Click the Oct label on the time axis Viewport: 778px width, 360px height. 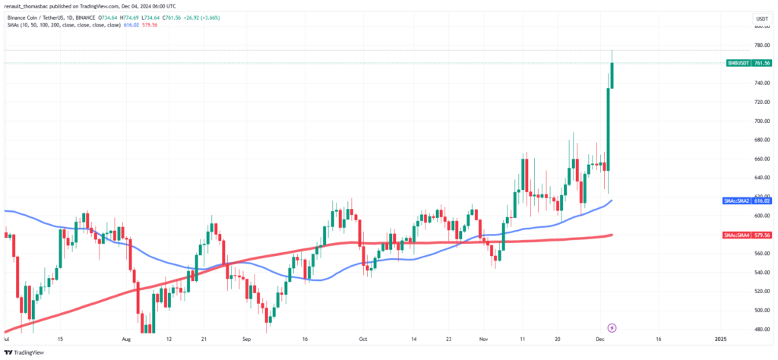click(x=362, y=339)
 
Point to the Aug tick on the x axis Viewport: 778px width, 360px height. click(x=126, y=339)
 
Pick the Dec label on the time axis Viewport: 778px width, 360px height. click(x=600, y=339)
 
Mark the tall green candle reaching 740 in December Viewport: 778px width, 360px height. click(x=609, y=129)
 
